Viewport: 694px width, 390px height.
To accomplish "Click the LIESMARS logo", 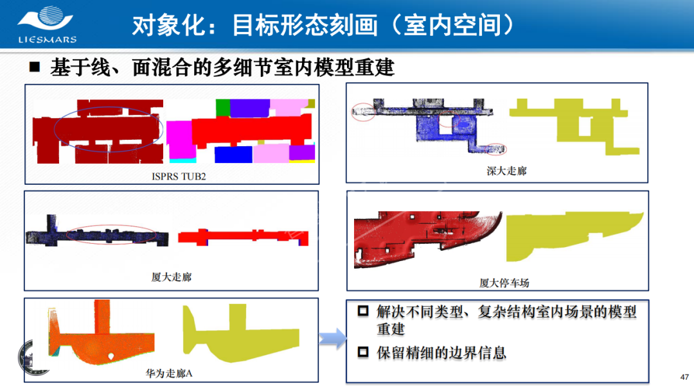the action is pos(46,25).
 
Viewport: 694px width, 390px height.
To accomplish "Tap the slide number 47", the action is pos(684,377).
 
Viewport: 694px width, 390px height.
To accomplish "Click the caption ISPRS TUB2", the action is pos(179,176).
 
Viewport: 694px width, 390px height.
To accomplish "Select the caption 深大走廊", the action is pos(506,171).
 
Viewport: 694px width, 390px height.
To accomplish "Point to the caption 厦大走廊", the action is pos(172,277).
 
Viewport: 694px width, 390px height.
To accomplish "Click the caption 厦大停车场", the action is pos(504,283).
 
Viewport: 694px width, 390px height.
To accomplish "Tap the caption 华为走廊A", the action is pos(169,373).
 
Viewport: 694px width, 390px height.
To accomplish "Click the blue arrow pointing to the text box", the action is pos(332,339).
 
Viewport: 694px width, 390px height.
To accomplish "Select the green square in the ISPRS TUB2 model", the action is pos(222,108).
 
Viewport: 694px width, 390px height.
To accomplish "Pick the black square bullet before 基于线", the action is pos(35,67).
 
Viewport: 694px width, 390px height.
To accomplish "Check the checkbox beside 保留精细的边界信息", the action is pos(363,352).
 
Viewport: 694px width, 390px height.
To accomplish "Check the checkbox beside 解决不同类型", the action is pos(363,311).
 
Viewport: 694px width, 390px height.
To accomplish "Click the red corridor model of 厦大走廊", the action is pos(243,237).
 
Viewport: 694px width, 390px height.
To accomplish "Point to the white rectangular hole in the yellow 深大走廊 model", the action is pos(585,127).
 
